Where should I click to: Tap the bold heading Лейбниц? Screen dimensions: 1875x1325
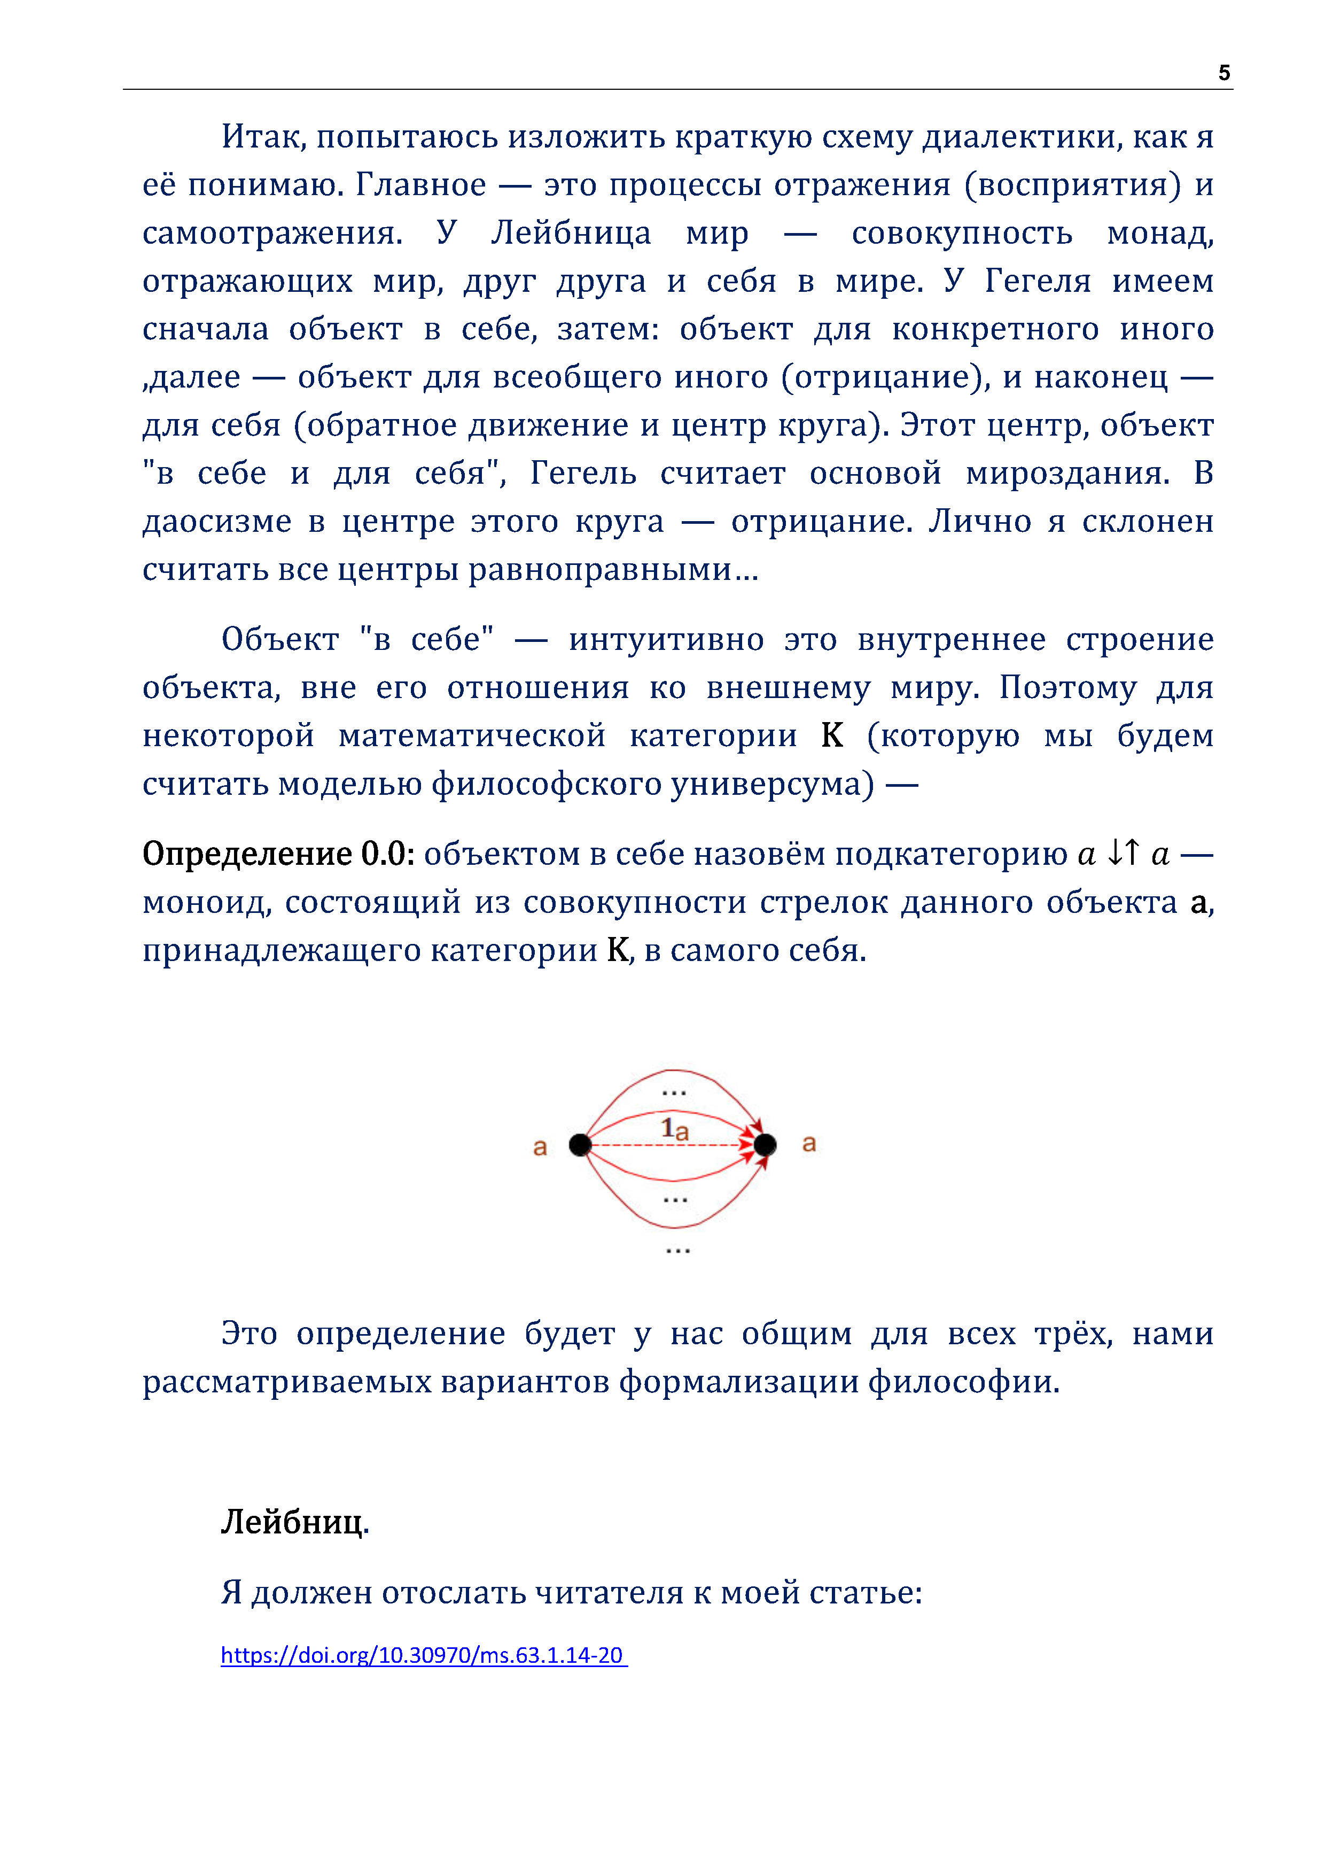point(295,1521)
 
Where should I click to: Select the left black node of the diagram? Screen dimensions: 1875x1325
point(580,1145)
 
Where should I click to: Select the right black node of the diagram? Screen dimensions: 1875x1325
point(765,1145)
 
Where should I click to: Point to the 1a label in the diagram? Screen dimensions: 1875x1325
point(674,1129)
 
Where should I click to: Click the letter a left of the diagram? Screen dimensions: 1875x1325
point(540,1148)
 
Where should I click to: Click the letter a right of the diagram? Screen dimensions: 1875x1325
point(809,1143)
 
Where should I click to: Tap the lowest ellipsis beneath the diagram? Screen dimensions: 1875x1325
point(677,1251)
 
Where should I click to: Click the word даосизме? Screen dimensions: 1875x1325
point(216,521)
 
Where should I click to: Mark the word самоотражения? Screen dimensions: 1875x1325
point(272,234)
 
